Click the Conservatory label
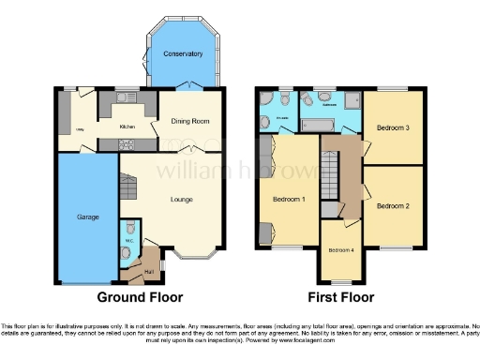click(183, 53)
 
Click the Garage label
click(88, 217)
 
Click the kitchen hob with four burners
click(127, 143)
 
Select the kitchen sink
click(127, 97)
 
